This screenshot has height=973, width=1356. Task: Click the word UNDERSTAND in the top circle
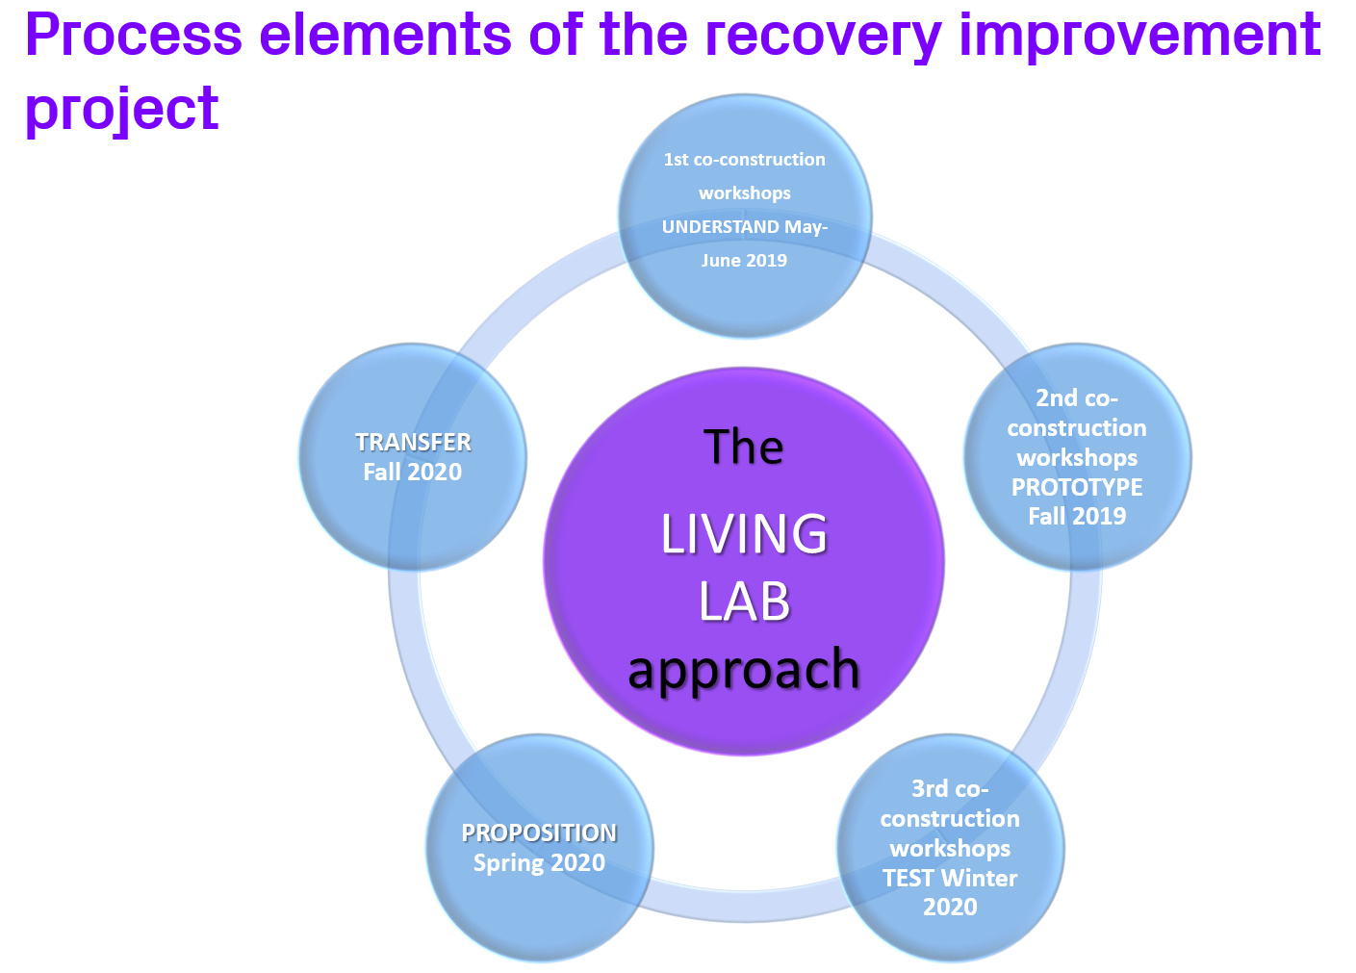pos(719,227)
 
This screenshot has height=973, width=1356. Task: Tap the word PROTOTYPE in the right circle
pos(1077,487)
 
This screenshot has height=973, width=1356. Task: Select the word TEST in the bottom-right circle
pos(908,878)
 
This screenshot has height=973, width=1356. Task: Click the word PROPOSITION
pos(539,832)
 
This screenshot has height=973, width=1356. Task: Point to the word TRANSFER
pos(413,442)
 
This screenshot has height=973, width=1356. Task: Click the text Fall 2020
pos(413,472)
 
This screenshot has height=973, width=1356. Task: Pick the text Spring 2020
pos(539,862)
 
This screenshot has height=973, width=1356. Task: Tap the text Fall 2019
pos(1077,517)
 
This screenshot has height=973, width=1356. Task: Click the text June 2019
pos(744,261)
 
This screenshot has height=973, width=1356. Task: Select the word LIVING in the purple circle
pos(744,535)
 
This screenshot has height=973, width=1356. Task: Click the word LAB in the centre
pos(744,602)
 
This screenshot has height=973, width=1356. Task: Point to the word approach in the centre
pos(744,670)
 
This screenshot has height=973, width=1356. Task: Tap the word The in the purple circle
pos(744,448)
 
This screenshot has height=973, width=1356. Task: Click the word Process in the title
pos(134,35)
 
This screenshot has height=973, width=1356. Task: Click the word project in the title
pos(122,108)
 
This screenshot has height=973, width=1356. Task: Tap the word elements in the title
pos(386,35)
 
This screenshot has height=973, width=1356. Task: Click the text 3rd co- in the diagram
pos(950,789)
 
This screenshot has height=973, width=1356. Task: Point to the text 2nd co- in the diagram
pos(1077,398)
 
